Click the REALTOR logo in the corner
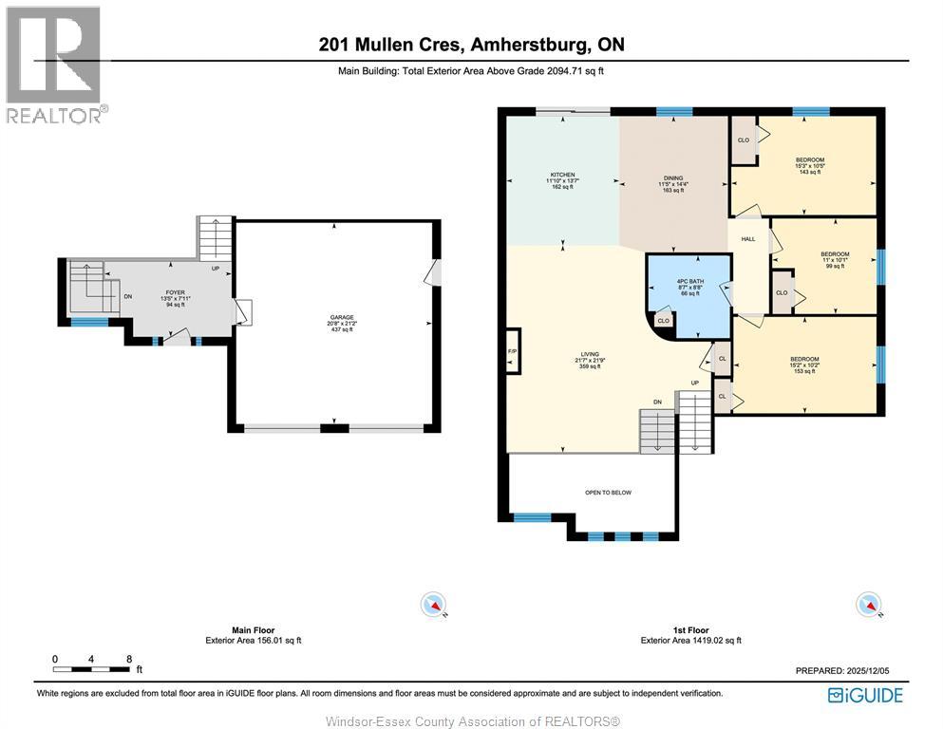[54, 65]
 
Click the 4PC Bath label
[688, 288]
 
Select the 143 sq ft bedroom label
[809, 165]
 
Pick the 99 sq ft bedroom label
[834, 260]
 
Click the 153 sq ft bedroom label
[803, 364]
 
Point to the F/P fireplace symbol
[513, 352]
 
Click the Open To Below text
[608, 493]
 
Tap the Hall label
[748, 239]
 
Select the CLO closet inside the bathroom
[664, 322]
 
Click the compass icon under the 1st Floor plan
[867, 605]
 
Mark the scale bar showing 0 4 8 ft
[92, 664]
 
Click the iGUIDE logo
[864, 695]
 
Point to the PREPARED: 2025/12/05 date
[849, 670]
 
